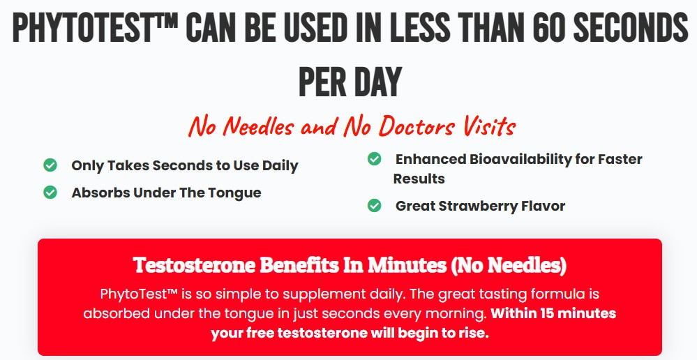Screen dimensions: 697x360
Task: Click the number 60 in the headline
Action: click(548, 27)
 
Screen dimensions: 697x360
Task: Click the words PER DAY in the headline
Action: click(350, 82)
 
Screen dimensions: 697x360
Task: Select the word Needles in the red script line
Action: click(258, 126)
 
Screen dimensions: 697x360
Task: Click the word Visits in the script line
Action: click(489, 126)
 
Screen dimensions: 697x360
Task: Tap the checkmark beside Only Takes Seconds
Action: click(50, 165)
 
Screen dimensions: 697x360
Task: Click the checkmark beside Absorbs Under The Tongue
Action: click(50, 193)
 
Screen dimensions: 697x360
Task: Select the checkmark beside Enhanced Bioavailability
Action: click(374, 158)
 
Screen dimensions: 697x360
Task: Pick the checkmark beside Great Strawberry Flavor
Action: click(374, 205)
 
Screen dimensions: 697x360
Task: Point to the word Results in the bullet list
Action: click(419, 179)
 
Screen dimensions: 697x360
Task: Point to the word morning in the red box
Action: click(456, 314)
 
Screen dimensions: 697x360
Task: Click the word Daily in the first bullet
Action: click(280, 166)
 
